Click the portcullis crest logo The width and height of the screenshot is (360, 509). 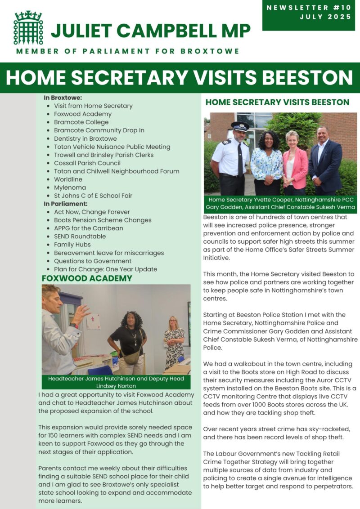(x=28, y=28)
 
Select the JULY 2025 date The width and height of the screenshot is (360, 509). (x=324, y=17)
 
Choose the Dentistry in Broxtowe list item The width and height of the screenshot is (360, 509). (x=85, y=138)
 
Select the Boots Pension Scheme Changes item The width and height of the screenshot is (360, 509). (x=103, y=220)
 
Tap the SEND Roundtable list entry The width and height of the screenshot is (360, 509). (x=80, y=237)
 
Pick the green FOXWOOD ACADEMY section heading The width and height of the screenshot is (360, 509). (x=87, y=278)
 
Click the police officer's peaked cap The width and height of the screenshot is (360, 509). (x=240, y=126)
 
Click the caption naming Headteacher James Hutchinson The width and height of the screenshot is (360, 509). (x=116, y=382)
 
